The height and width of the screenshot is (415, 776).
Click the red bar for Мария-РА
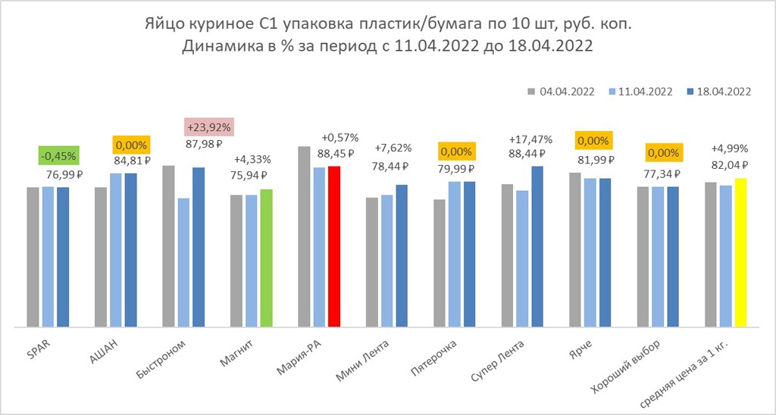[333, 246]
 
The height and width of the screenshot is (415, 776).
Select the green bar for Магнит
[266, 258]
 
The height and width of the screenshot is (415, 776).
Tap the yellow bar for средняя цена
[741, 252]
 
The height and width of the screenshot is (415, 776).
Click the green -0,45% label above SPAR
[58, 156]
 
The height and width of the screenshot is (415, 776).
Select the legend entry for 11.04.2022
[640, 92]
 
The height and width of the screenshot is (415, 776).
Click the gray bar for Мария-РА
[304, 236]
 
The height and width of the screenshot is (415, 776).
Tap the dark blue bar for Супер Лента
[537, 246]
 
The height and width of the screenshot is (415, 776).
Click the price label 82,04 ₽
[731, 164]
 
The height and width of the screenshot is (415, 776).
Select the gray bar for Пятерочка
[440, 263]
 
